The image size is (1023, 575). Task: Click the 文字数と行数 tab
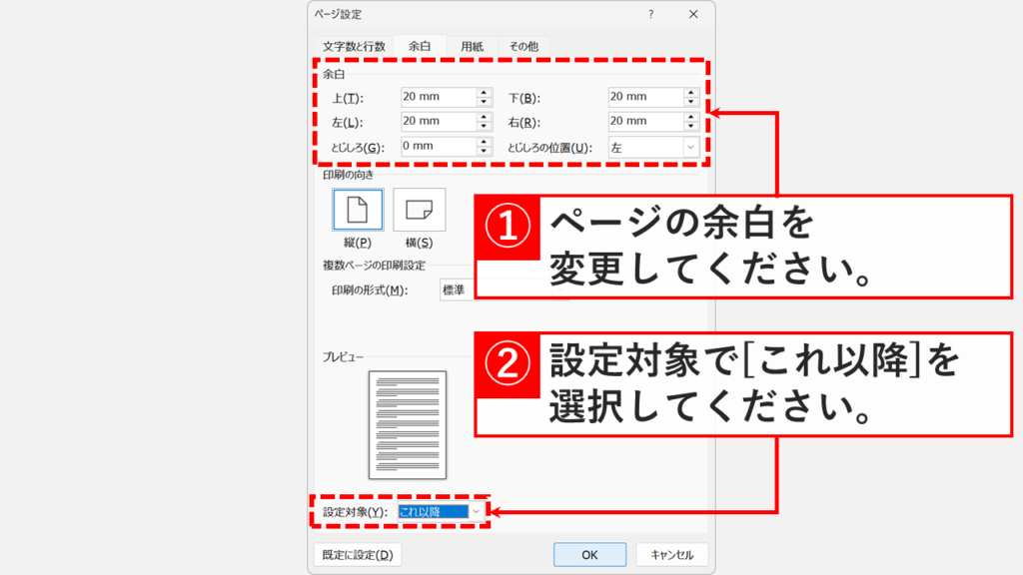pyautogui.click(x=354, y=46)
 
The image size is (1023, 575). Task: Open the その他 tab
pyautogui.click(x=523, y=46)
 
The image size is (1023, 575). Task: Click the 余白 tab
pyautogui.click(x=419, y=46)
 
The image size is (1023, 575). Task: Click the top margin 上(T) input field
pyautogui.click(x=436, y=97)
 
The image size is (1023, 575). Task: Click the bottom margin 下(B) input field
pyautogui.click(x=643, y=97)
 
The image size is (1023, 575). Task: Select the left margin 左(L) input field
pyautogui.click(x=436, y=122)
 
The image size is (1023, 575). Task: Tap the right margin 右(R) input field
pyautogui.click(x=643, y=122)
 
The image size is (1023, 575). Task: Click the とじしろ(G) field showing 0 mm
pyautogui.click(x=436, y=147)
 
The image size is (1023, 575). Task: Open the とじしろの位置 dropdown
pyautogui.click(x=652, y=147)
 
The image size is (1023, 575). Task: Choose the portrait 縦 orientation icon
pyautogui.click(x=357, y=210)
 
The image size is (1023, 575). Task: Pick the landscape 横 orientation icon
pyautogui.click(x=419, y=210)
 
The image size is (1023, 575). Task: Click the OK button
pyautogui.click(x=589, y=555)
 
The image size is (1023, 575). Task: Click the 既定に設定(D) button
pyautogui.click(x=357, y=555)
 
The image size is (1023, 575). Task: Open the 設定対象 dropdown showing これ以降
pyautogui.click(x=441, y=511)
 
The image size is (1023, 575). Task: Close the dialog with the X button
pyautogui.click(x=693, y=14)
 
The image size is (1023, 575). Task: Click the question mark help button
pyautogui.click(x=650, y=14)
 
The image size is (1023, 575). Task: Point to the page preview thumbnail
pyautogui.click(x=408, y=425)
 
